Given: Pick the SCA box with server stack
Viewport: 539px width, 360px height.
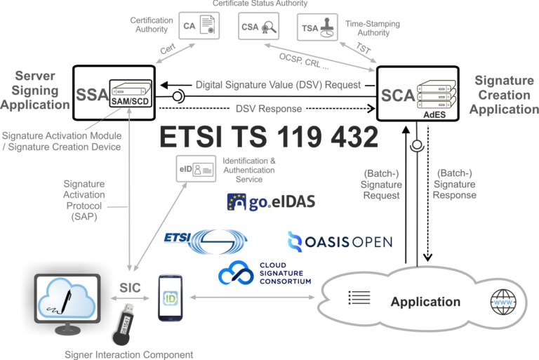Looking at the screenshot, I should point(418,93).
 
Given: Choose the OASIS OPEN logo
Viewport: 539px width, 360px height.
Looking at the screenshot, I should point(340,242).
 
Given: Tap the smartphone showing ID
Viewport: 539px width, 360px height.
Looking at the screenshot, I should point(171,299).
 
